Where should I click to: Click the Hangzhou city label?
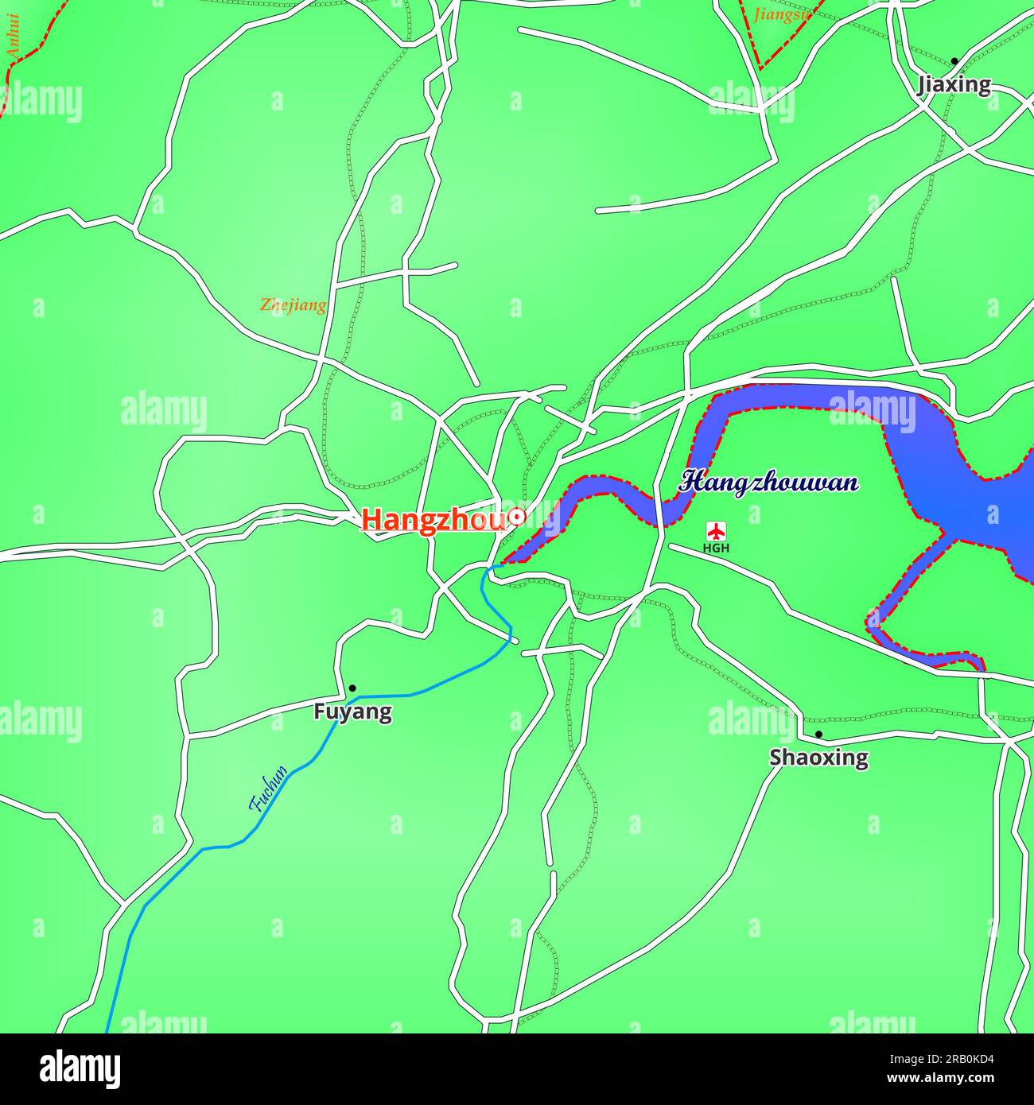[x=433, y=520]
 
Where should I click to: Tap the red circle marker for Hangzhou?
[x=517, y=517]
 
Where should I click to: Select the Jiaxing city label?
[x=954, y=84]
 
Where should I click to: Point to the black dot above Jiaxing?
[x=954, y=61]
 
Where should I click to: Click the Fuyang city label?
[x=352, y=711]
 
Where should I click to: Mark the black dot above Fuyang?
[x=352, y=688]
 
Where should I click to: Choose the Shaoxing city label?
[x=818, y=757]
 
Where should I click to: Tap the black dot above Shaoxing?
[x=818, y=734]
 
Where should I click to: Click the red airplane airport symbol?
[x=717, y=530]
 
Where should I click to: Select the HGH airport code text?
[x=716, y=548]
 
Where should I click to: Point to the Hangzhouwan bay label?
[x=769, y=482]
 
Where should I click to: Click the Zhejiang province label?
[x=293, y=304]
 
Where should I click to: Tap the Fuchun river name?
[x=268, y=789]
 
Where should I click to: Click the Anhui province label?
[x=13, y=35]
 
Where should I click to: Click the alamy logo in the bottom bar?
[x=80, y=1069]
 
